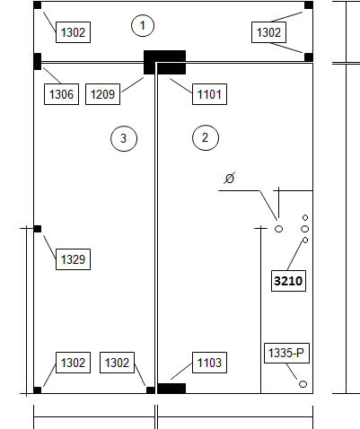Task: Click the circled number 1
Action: pyautogui.click(x=143, y=26)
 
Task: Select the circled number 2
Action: pyautogui.click(x=206, y=137)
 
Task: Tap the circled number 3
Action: pyautogui.click(x=124, y=138)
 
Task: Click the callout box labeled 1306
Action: pyautogui.click(x=61, y=94)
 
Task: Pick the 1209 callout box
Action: pyautogui.click(x=102, y=94)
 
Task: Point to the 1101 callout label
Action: pyautogui.click(x=209, y=94)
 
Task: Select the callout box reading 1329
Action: pyautogui.click(x=73, y=259)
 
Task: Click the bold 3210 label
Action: pyautogui.click(x=288, y=281)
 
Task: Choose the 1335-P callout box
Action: pyautogui.click(x=286, y=353)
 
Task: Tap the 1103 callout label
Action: pyautogui.click(x=209, y=363)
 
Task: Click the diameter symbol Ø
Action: pyautogui.click(x=230, y=179)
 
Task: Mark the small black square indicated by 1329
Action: pyautogui.click(x=38, y=229)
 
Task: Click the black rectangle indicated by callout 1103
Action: pyautogui.click(x=171, y=389)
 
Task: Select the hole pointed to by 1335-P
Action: pyautogui.click(x=303, y=384)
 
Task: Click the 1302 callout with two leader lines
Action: pyautogui.click(x=268, y=32)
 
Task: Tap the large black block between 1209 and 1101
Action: pyautogui.click(x=165, y=62)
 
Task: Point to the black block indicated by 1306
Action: pyautogui.click(x=38, y=61)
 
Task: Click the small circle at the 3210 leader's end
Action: pyautogui.click(x=305, y=240)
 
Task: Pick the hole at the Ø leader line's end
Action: pyautogui.click(x=278, y=229)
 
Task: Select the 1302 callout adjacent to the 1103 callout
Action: pyautogui.click(x=117, y=363)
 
